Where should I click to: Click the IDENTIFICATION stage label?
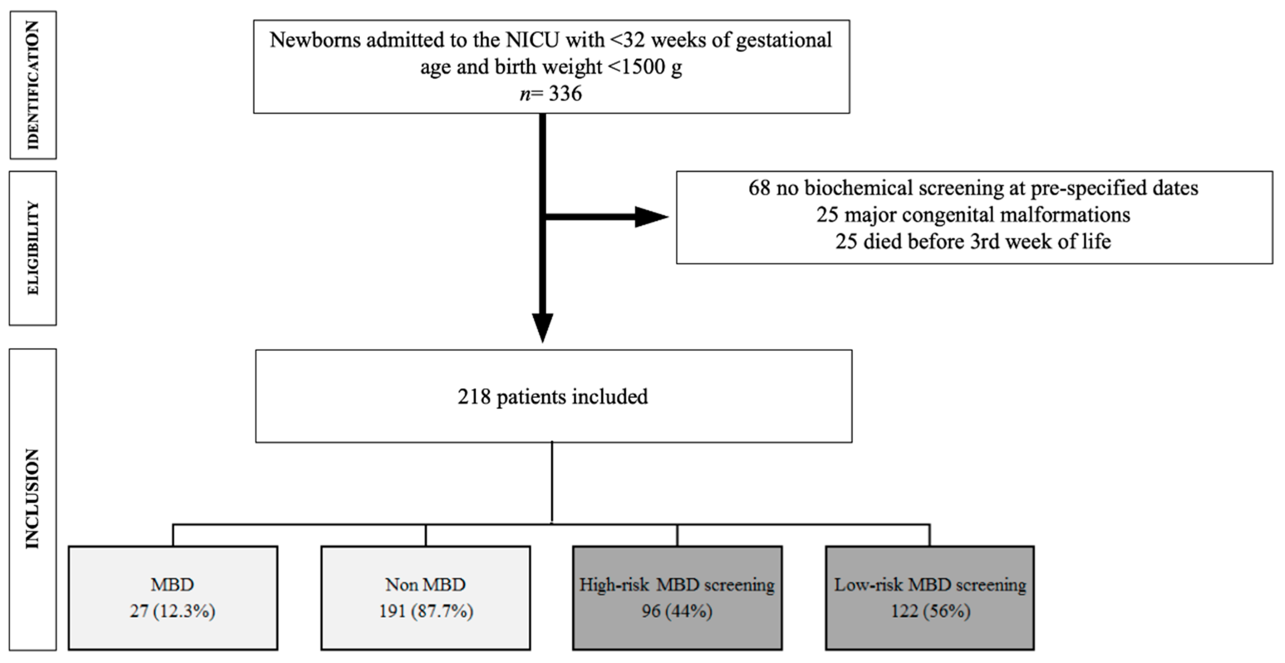click(x=33, y=85)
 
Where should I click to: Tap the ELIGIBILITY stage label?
click(x=33, y=248)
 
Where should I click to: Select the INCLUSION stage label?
click(x=33, y=499)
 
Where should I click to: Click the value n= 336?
click(x=551, y=93)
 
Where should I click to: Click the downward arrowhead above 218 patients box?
click(x=543, y=327)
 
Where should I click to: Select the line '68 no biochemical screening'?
click(x=973, y=188)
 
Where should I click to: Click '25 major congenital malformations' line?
click(x=973, y=215)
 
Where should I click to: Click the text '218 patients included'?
click(x=553, y=397)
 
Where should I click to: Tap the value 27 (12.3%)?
click(x=173, y=611)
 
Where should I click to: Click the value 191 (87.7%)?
click(x=426, y=611)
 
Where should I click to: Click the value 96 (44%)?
click(x=677, y=611)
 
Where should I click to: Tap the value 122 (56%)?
click(x=930, y=611)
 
